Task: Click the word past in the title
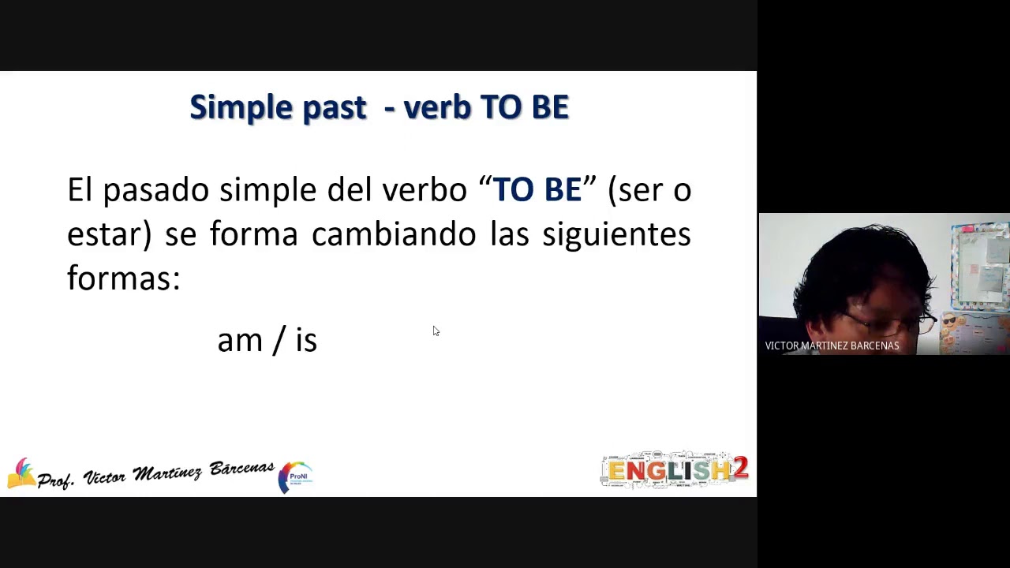point(335,108)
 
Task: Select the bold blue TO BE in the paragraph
point(537,190)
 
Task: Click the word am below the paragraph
point(239,341)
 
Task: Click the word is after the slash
point(306,341)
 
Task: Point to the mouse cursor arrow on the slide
point(436,331)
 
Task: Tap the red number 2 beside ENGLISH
point(740,469)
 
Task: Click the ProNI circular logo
point(296,477)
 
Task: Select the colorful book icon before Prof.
point(21,473)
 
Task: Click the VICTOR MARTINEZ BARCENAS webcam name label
point(832,346)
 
